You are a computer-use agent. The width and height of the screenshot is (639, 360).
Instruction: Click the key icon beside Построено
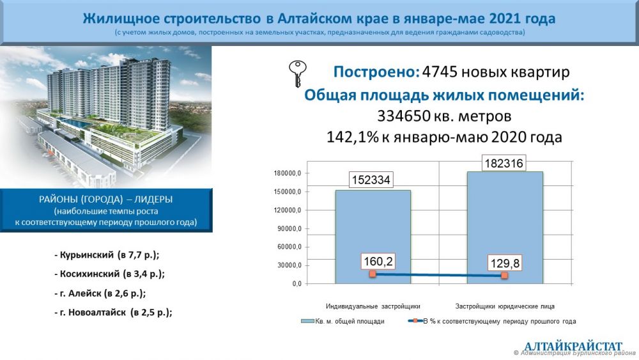click(298, 74)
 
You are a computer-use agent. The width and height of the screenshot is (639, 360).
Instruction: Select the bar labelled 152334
click(373, 237)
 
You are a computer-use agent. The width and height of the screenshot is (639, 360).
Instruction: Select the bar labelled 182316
click(505, 228)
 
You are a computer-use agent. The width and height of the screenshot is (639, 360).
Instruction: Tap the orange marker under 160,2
click(373, 274)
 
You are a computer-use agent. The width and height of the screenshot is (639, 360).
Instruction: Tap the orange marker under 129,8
click(505, 276)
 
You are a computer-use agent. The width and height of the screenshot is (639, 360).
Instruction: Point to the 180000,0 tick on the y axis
click(288, 173)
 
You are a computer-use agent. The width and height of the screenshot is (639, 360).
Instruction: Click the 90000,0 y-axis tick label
click(289, 229)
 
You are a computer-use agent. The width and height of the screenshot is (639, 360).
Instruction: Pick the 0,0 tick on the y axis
click(296, 284)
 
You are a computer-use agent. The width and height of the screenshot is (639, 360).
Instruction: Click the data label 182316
click(504, 164)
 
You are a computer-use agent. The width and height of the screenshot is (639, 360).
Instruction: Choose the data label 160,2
click(378, 262)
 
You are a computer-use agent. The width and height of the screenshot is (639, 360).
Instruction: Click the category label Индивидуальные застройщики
click(373, 306)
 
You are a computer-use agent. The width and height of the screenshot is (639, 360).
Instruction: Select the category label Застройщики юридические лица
click(505, 306)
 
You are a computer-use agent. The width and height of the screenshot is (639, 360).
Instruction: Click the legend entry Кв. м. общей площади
click(343, 321)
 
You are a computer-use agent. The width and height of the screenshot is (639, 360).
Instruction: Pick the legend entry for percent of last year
click(492, 321)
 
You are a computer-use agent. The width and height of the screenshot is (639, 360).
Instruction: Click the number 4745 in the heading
click(440, 72)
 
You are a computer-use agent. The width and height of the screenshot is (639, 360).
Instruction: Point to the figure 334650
click(404, 116)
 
